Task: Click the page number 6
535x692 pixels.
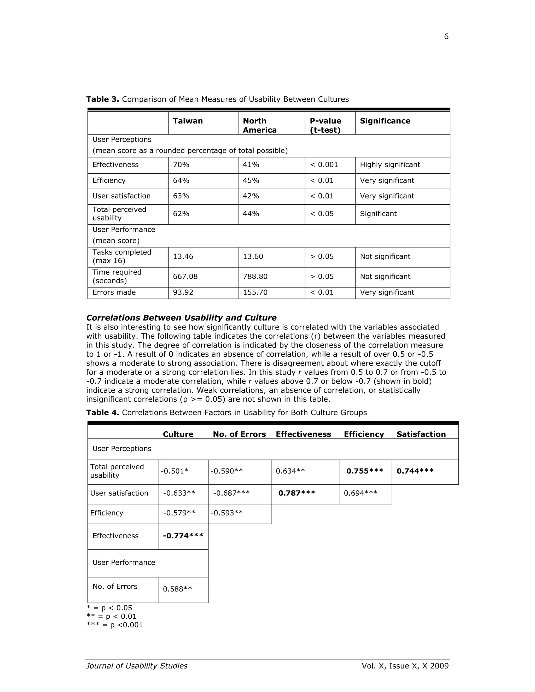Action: [446, 37]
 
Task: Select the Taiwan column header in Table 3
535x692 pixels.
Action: [188, 121]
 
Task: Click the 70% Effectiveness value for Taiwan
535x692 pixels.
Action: [181, 165]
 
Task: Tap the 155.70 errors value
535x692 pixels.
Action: [255, 292]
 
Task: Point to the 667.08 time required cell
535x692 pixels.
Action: [185, 277]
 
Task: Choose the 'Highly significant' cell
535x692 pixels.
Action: [390, 165]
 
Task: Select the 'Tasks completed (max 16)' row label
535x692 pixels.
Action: [122, 257]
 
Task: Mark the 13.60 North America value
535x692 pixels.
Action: [253, 257]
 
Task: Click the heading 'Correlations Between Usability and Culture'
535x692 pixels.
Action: [181, 318]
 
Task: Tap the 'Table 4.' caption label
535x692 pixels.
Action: [102, 413]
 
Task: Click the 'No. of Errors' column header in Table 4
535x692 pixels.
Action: [239, 435]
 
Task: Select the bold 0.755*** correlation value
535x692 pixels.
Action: [364, 471]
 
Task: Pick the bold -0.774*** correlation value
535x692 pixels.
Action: [183, 536]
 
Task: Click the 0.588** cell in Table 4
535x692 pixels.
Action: [177, 589]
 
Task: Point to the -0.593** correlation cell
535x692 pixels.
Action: [226, 513]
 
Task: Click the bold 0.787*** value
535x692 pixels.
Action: [297, 493]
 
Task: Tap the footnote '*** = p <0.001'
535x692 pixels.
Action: [115, 625]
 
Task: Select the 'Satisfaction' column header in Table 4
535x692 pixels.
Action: [421, 435]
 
